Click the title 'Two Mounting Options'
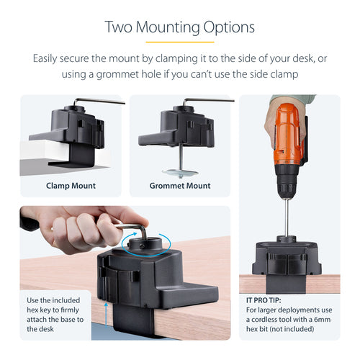(x=179, y=27)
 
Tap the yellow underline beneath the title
(x=179, y=42)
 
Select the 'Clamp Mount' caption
(x=71, y=186)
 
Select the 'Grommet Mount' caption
(x=180, y=186)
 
